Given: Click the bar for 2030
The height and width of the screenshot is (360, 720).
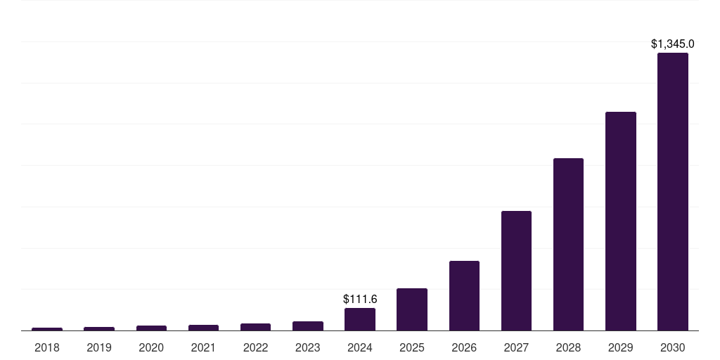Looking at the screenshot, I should click(x=672, y=191).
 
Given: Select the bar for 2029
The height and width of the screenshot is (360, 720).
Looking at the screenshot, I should click(x=620, y=221).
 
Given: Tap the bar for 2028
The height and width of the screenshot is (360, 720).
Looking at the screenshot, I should click(x=568, y=244).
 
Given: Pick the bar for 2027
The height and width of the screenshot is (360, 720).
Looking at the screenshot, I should click(x=516, y=271).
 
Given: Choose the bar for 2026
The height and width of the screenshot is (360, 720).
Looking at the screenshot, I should click(x=464, y=295).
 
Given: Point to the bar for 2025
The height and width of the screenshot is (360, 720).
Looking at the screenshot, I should click(x=412, y=309).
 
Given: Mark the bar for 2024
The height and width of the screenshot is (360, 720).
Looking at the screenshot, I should click(x=360, y=319).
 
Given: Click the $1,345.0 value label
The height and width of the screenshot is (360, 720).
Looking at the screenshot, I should click(x=672, y=44).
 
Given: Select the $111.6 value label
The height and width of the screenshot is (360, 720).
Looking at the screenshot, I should click(x=360, y=300).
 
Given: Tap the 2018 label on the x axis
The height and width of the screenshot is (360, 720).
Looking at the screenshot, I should click(x=47, y=347).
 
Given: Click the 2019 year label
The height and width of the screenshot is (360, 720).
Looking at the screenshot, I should click(x=99, y=347).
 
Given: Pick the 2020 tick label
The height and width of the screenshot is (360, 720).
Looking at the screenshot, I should click(x=151, y=347).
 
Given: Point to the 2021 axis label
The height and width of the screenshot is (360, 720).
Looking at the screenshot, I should click(x=203, y=347).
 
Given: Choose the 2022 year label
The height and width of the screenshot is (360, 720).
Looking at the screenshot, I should click(x=255, y=347).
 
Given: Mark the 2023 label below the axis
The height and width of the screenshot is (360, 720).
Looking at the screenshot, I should click(x=308, y=347).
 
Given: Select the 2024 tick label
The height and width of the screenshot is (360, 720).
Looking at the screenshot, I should click(x=360, y=347).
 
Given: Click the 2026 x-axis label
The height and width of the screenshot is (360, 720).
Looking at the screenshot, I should click(x=464, y=347).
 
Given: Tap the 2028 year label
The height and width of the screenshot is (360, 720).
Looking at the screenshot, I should click(x=568, y=347).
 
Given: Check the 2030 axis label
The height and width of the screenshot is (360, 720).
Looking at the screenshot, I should click(x=672, y=347).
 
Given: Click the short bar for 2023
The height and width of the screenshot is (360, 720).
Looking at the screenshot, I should click(x=308, y=326).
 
